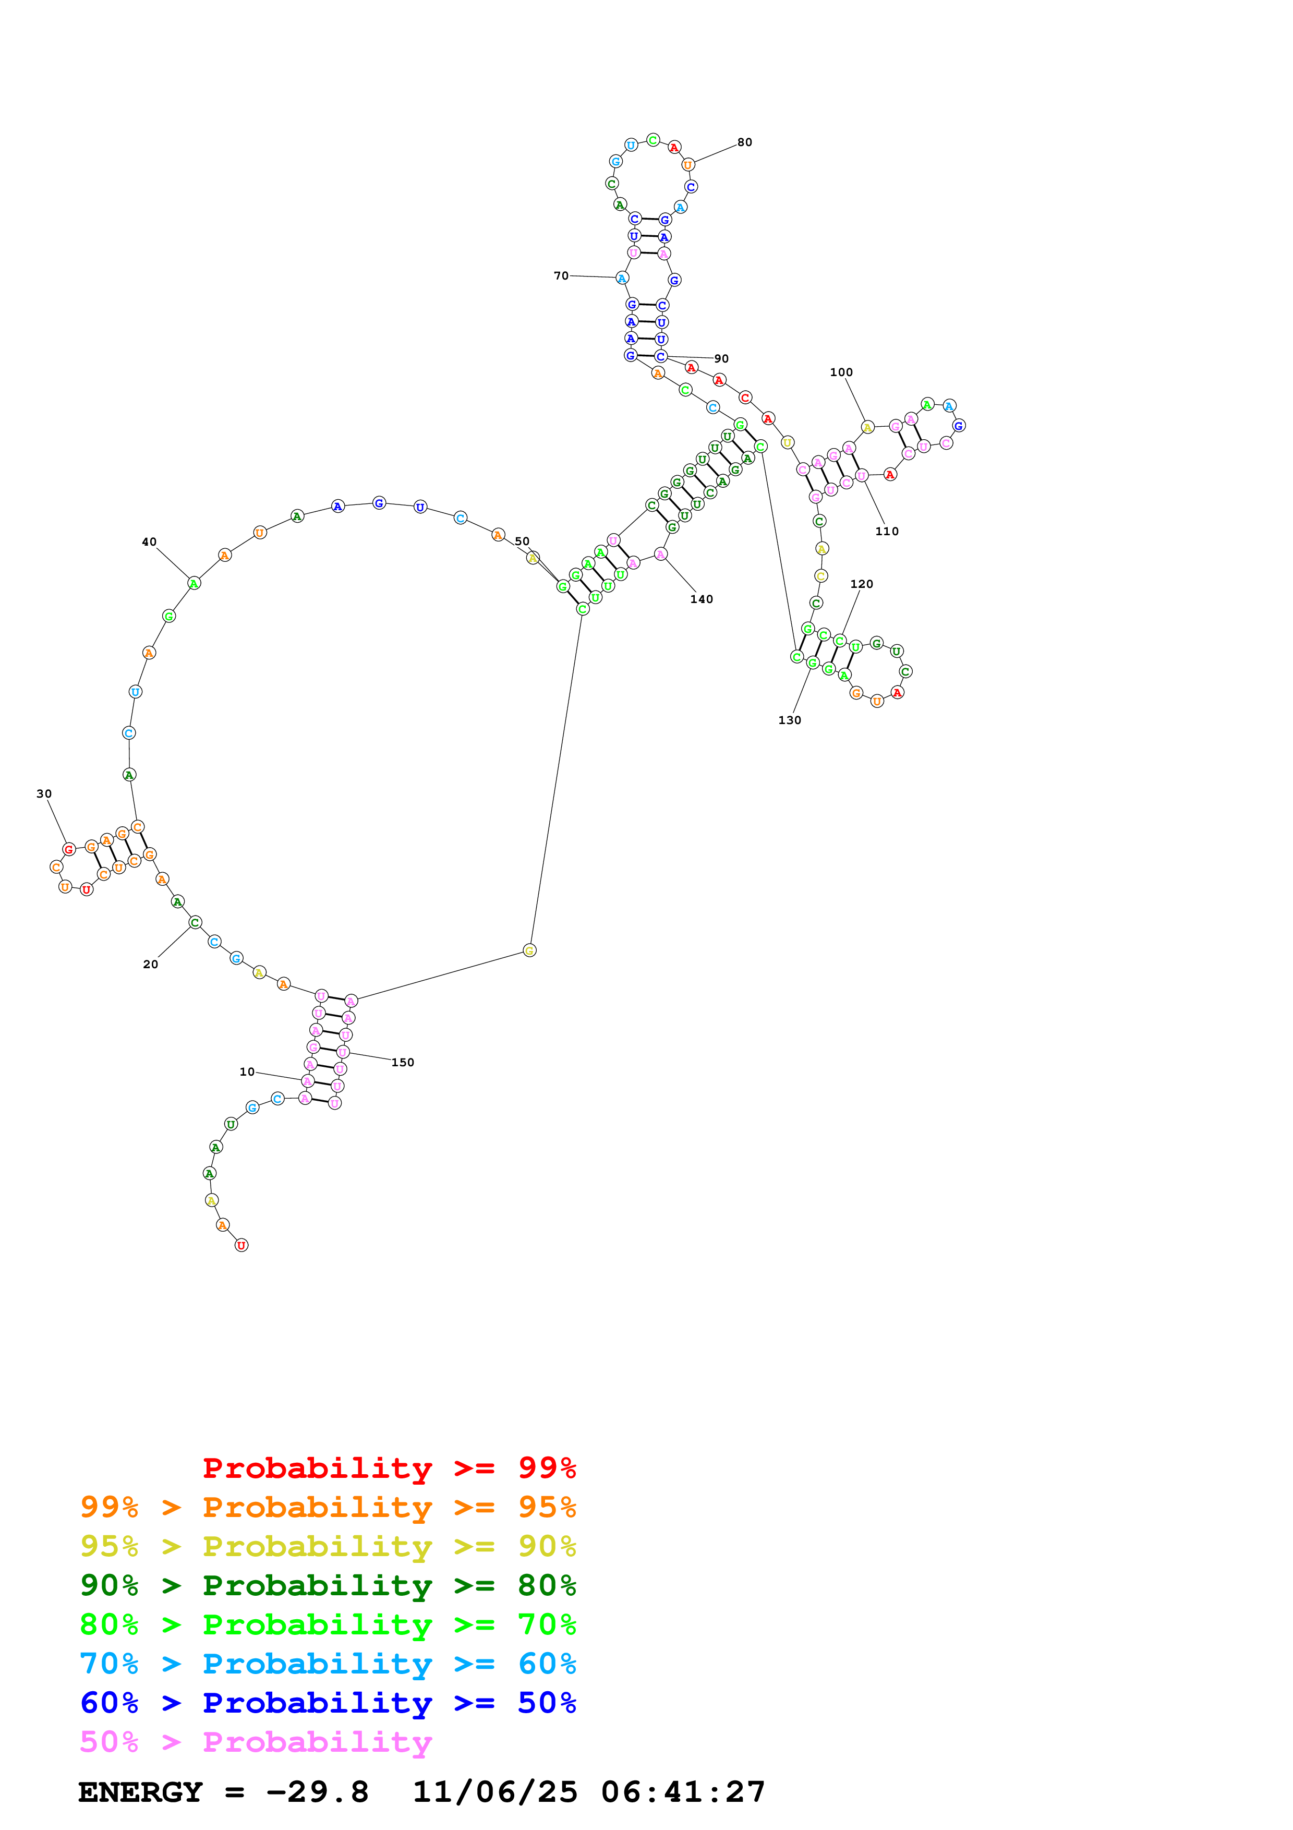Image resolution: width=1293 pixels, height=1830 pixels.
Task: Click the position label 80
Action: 744,142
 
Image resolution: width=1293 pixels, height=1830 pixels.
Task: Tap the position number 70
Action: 561,276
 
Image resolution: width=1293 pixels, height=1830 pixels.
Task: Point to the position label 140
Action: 701,599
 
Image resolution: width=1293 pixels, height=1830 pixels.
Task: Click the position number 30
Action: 44,794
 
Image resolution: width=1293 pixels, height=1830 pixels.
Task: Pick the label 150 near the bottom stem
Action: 402,1063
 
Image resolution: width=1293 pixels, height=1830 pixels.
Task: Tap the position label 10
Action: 247,1072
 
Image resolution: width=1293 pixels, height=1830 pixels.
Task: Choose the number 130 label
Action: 790,720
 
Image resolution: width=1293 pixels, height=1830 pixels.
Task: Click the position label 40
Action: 149,542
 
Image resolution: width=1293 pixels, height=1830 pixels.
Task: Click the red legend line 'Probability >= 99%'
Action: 389,1467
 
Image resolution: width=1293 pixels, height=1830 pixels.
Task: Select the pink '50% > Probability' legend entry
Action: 256,1741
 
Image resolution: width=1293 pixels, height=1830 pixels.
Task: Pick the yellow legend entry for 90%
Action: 328,1546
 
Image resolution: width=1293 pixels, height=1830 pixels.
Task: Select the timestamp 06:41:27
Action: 683,1792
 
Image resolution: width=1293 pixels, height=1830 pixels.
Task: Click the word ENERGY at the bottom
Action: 140,1792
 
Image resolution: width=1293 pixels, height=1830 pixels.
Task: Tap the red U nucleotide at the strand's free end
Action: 241,1245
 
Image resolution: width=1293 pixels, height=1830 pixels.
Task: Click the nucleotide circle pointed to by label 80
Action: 688,165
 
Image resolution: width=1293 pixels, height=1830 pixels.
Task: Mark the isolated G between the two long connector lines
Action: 530,950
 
